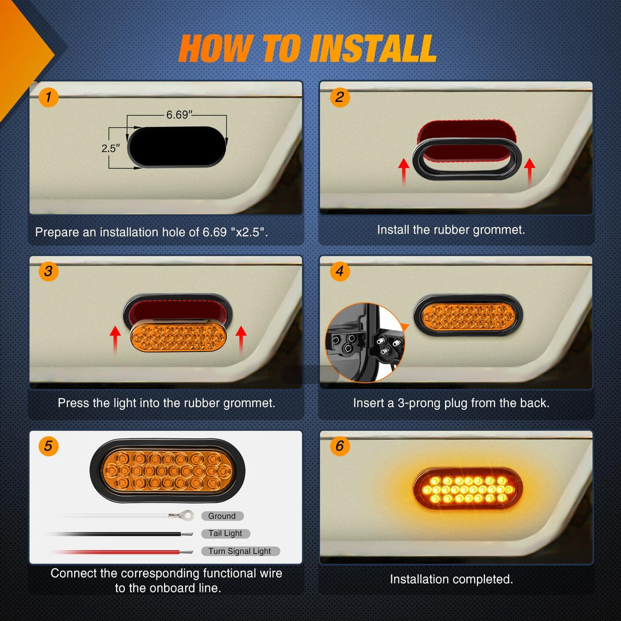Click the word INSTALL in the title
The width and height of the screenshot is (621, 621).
coord(372,49)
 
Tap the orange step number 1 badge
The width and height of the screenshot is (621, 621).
coord(49,97)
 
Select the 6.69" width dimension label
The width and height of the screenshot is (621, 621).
coord(179,115)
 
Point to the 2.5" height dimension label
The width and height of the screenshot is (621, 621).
coord(110,148)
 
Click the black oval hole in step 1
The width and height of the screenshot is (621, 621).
coord(177,147)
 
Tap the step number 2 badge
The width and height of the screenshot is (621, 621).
coord(340,97)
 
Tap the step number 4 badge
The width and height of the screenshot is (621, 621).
coord(340,271)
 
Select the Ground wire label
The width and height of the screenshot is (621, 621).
coord(222,516)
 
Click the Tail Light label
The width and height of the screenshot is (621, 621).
coord(225,534)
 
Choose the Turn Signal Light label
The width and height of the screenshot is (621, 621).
coord(239,551)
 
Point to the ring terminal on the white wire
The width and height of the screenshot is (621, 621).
coord(187,516)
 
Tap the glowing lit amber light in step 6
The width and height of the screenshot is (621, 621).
coord(468,490)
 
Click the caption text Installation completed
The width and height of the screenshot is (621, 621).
coord(451,579)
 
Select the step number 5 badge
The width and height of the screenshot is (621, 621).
coord(49,446)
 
